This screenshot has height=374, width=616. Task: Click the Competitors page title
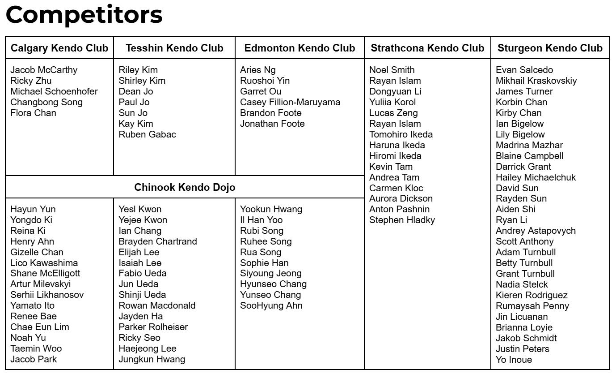point(84,15)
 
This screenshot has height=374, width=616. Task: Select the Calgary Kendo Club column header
point(59,48)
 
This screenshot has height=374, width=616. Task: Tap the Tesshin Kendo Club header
point(174,48)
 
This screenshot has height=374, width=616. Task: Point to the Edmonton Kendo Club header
point(300,48)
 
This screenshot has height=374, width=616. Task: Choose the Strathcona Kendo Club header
point(427,48)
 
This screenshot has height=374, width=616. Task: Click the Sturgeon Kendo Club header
point(550,48)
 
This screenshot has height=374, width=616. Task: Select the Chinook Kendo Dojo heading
point(185,187)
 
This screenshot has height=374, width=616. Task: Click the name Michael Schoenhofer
point(54,91)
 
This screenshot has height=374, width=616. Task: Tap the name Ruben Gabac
point(147,134)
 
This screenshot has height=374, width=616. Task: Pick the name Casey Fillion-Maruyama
point(290,102)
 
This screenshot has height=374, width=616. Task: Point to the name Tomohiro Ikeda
point(401,134)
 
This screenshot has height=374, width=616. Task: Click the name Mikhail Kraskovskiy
point(536,81)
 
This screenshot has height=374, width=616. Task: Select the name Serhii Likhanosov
point(47,295)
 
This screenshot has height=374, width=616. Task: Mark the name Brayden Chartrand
point(157,241)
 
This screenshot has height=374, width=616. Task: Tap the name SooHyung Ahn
point(271,305)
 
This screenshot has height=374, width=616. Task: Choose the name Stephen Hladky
point(402,220)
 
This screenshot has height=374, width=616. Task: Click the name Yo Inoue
point(514,360)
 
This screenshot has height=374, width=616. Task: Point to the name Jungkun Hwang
point(152,359)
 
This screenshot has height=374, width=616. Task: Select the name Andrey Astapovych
point(536,231)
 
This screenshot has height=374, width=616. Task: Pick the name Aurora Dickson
point(401,198)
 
